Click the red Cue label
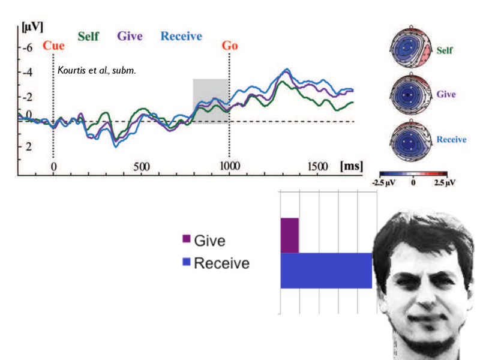click(53, 46)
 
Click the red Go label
click(230, 46)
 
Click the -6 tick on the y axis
click(26, 47)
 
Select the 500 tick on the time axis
click(142, 166)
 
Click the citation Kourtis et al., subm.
click(97, 71)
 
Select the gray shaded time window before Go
click(210, 101)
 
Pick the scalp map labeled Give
click(410, 95)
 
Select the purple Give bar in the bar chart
click(289, 235)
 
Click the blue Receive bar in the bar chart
click(326, 271)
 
